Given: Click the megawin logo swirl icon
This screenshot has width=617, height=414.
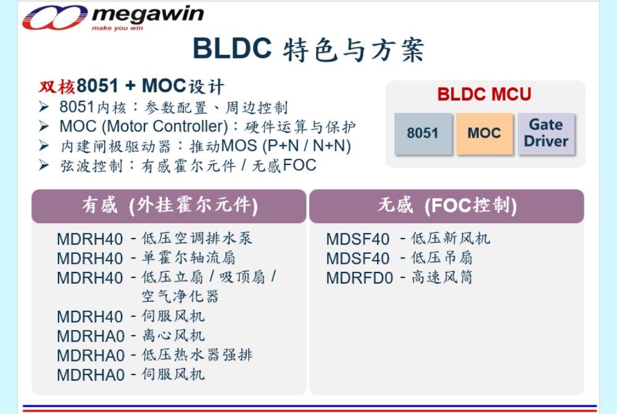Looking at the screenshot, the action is pyautogui.click(x=55, y=18).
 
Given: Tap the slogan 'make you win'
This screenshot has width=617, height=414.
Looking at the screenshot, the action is pyautogui.click(x=117, y=28).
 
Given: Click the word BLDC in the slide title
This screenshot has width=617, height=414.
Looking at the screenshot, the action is pyautogui.click(x=232, y=48).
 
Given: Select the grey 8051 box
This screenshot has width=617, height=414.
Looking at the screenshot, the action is pyautogui.click(x=423, y=133).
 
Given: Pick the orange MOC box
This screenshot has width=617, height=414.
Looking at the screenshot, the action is pyautogui.click(x=484, y=133).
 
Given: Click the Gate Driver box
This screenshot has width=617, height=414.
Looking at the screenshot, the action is pyautogui.click(x=546, y=133).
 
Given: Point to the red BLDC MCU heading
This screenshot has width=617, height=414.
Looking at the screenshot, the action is pyautogui.click(x=484, y=95).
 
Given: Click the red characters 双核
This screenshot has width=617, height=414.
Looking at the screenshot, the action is pyautogui.click(x=57, y=87).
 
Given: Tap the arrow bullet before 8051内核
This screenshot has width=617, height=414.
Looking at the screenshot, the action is pyautogui.click(x=44, y=107).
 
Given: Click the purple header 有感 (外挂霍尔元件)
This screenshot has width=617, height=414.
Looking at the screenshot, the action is pyautogui.click(x=169, y=206).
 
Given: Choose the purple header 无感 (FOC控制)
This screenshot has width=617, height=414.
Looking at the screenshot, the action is pyautogui.click(x=447, y=206).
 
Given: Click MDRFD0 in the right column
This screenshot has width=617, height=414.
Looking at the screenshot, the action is pyautogui.click(x=360, y=278).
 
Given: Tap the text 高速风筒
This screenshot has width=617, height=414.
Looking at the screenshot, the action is pyautogui.click(x=442, y=277).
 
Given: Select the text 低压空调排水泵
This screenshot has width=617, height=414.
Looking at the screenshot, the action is pyautogui.click(x=197, y=239).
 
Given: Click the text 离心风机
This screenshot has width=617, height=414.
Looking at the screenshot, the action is pyautogui.click(x=173, y=336).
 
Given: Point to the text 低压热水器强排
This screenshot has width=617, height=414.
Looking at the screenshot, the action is pyautogui.click(x=197, y=355).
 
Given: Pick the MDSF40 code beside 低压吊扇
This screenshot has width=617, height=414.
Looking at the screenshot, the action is pyautogui.click(x=358, y=259).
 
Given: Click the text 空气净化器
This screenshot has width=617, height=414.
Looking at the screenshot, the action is pyautogui.click(x=180, y=296).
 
